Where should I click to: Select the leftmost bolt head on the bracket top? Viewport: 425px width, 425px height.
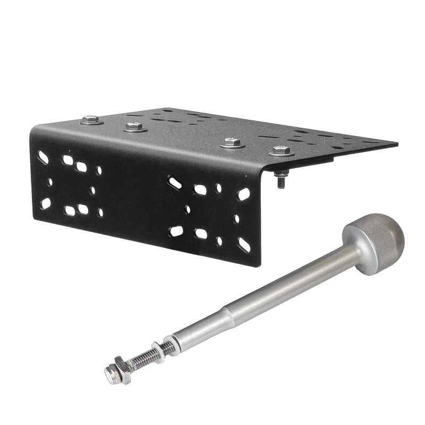point(92,120)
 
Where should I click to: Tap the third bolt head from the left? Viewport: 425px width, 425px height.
point(231,142)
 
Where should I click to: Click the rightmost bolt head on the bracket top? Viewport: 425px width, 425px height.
point(281,151)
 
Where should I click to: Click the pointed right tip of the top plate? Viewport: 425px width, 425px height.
point(396,144)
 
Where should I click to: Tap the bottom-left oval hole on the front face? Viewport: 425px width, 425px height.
point(45,203)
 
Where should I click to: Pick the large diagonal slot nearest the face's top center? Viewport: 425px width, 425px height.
point(175,183)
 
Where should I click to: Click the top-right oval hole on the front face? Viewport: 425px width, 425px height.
point(244,194)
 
